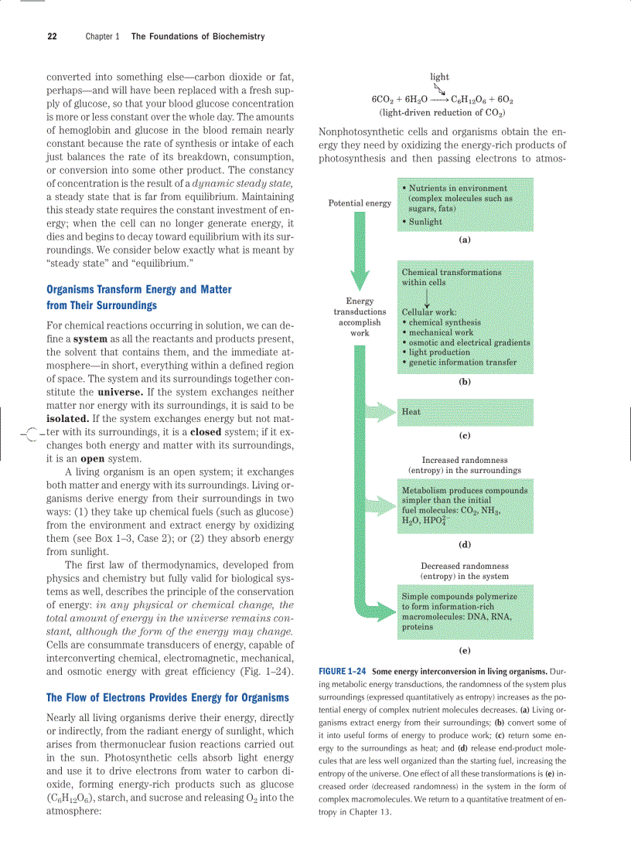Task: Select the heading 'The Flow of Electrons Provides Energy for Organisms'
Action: click(x=168, y=697)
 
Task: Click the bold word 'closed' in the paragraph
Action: click(x=206, y=431)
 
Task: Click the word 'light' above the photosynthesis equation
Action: click(x=439, y=77)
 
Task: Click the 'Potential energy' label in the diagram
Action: click(x=360, y=203)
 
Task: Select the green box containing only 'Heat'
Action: click(x=464, y=412)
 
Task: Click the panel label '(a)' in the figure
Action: click(x=464, y=240)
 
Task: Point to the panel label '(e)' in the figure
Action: click(x=464, y=650)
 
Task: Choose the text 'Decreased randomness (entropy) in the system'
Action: click(x=464, y=570)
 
